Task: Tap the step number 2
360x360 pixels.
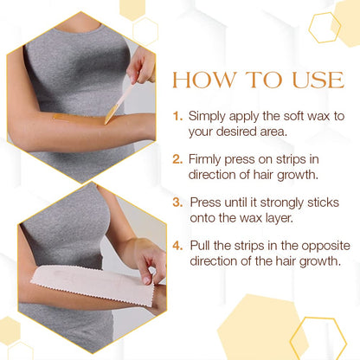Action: coord(177,158)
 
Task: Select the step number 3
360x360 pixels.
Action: coord(177,202)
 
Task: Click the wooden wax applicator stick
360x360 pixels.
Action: coord(120,95)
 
